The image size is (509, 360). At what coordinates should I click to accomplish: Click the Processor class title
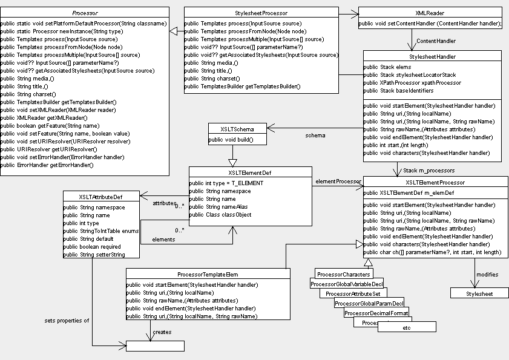click(x=85, y=12)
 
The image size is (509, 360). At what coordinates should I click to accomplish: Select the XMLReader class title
click(x=430, y=12)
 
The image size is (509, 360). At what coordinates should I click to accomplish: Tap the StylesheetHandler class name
click(x=432, y=56)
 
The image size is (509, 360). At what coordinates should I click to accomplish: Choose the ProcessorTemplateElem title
click(x=208, y=273)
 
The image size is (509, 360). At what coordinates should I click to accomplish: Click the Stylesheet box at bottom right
click(x=479, y=293)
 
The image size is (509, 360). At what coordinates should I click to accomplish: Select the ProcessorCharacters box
click(x=344, y=273)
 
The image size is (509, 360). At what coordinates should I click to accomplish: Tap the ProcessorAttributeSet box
click(x=351, y=293)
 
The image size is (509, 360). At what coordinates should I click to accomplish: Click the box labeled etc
click(x=406, y=327)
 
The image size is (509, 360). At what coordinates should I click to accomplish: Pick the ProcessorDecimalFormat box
click(x=376, y=313)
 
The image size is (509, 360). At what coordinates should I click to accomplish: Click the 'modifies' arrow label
click(x=487, y=275)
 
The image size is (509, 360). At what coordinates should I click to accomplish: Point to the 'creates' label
click(x=162, y=332)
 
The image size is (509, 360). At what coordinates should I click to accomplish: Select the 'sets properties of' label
click(x=67, y=320)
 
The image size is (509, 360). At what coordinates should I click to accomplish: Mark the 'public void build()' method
click(x=231, y=140)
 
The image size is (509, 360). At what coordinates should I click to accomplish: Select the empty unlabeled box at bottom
click(x=154, y=346)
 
